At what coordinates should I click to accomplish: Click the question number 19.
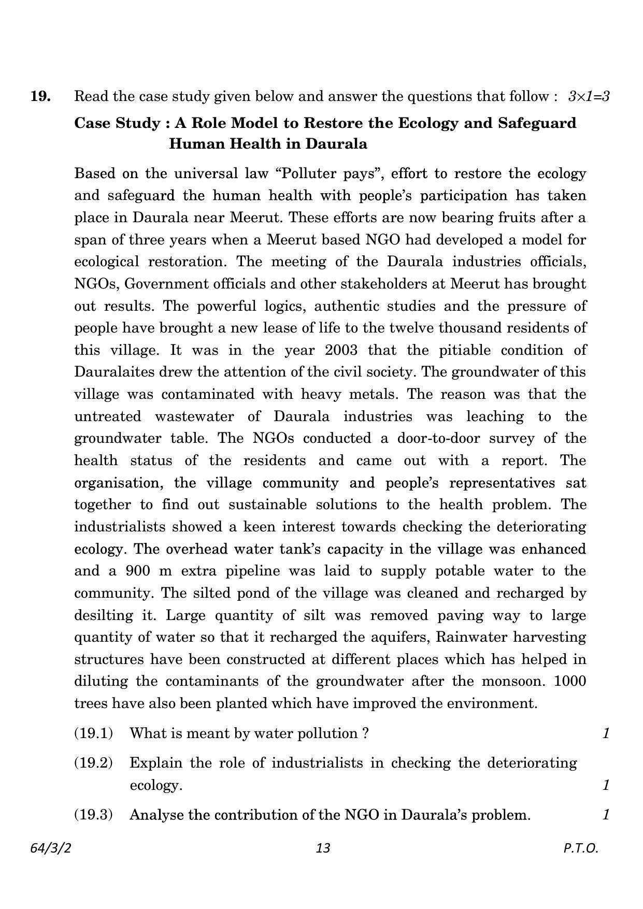pyautogui.click(x=40, y=96)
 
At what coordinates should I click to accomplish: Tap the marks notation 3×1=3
pyautogui.click(x=589, y=96)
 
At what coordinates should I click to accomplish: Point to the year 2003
pyautogui.click(x=341, y=350)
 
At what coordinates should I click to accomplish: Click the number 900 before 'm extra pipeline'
pyautogui.click(x=137, y=571)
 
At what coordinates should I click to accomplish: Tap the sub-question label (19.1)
pyautogui.click(x=93, y=733)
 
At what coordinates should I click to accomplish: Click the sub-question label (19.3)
pyautogui.click(x=93, y=815)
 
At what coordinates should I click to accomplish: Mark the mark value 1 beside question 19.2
pyautogui.click(x=606, y=785)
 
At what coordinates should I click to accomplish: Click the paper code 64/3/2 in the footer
pyautogui.click(x=50, y=848)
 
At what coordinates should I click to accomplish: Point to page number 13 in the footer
pyautogui.click(x=322, y=848)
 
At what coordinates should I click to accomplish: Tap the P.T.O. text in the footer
pyautogui.click(x=581, y=848)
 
